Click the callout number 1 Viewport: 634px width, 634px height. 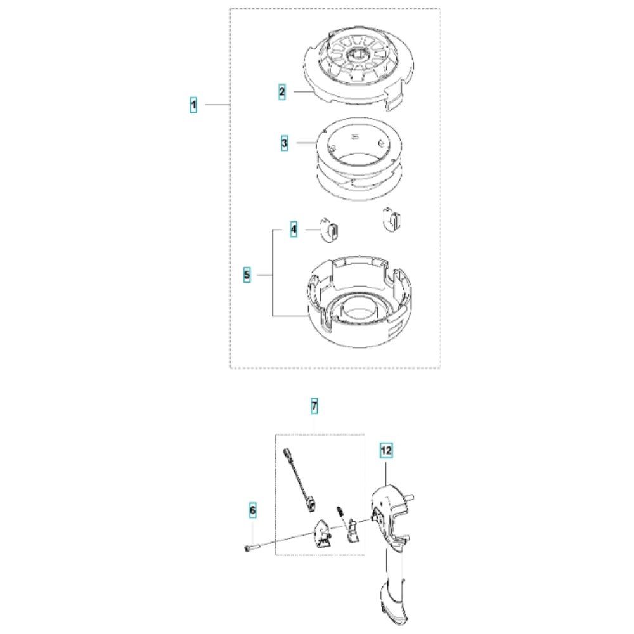(x=193, y=105)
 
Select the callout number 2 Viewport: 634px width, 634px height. (x=282, y=92)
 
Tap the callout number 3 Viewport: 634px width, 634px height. (x=285, y=143)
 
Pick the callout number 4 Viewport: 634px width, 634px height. (x=294, y=230)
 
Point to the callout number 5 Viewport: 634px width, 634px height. (x=247, y=275)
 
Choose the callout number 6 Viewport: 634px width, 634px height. (x=253, y=510)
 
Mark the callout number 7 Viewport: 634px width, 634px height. (x=314, y=406)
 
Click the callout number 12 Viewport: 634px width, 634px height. (x=386, y=450)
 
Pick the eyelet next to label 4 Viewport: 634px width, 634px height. (x=330, y=230)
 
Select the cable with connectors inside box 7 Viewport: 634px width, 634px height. (x=299, y=479)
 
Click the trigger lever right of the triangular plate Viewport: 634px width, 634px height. (x=351, y=530)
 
